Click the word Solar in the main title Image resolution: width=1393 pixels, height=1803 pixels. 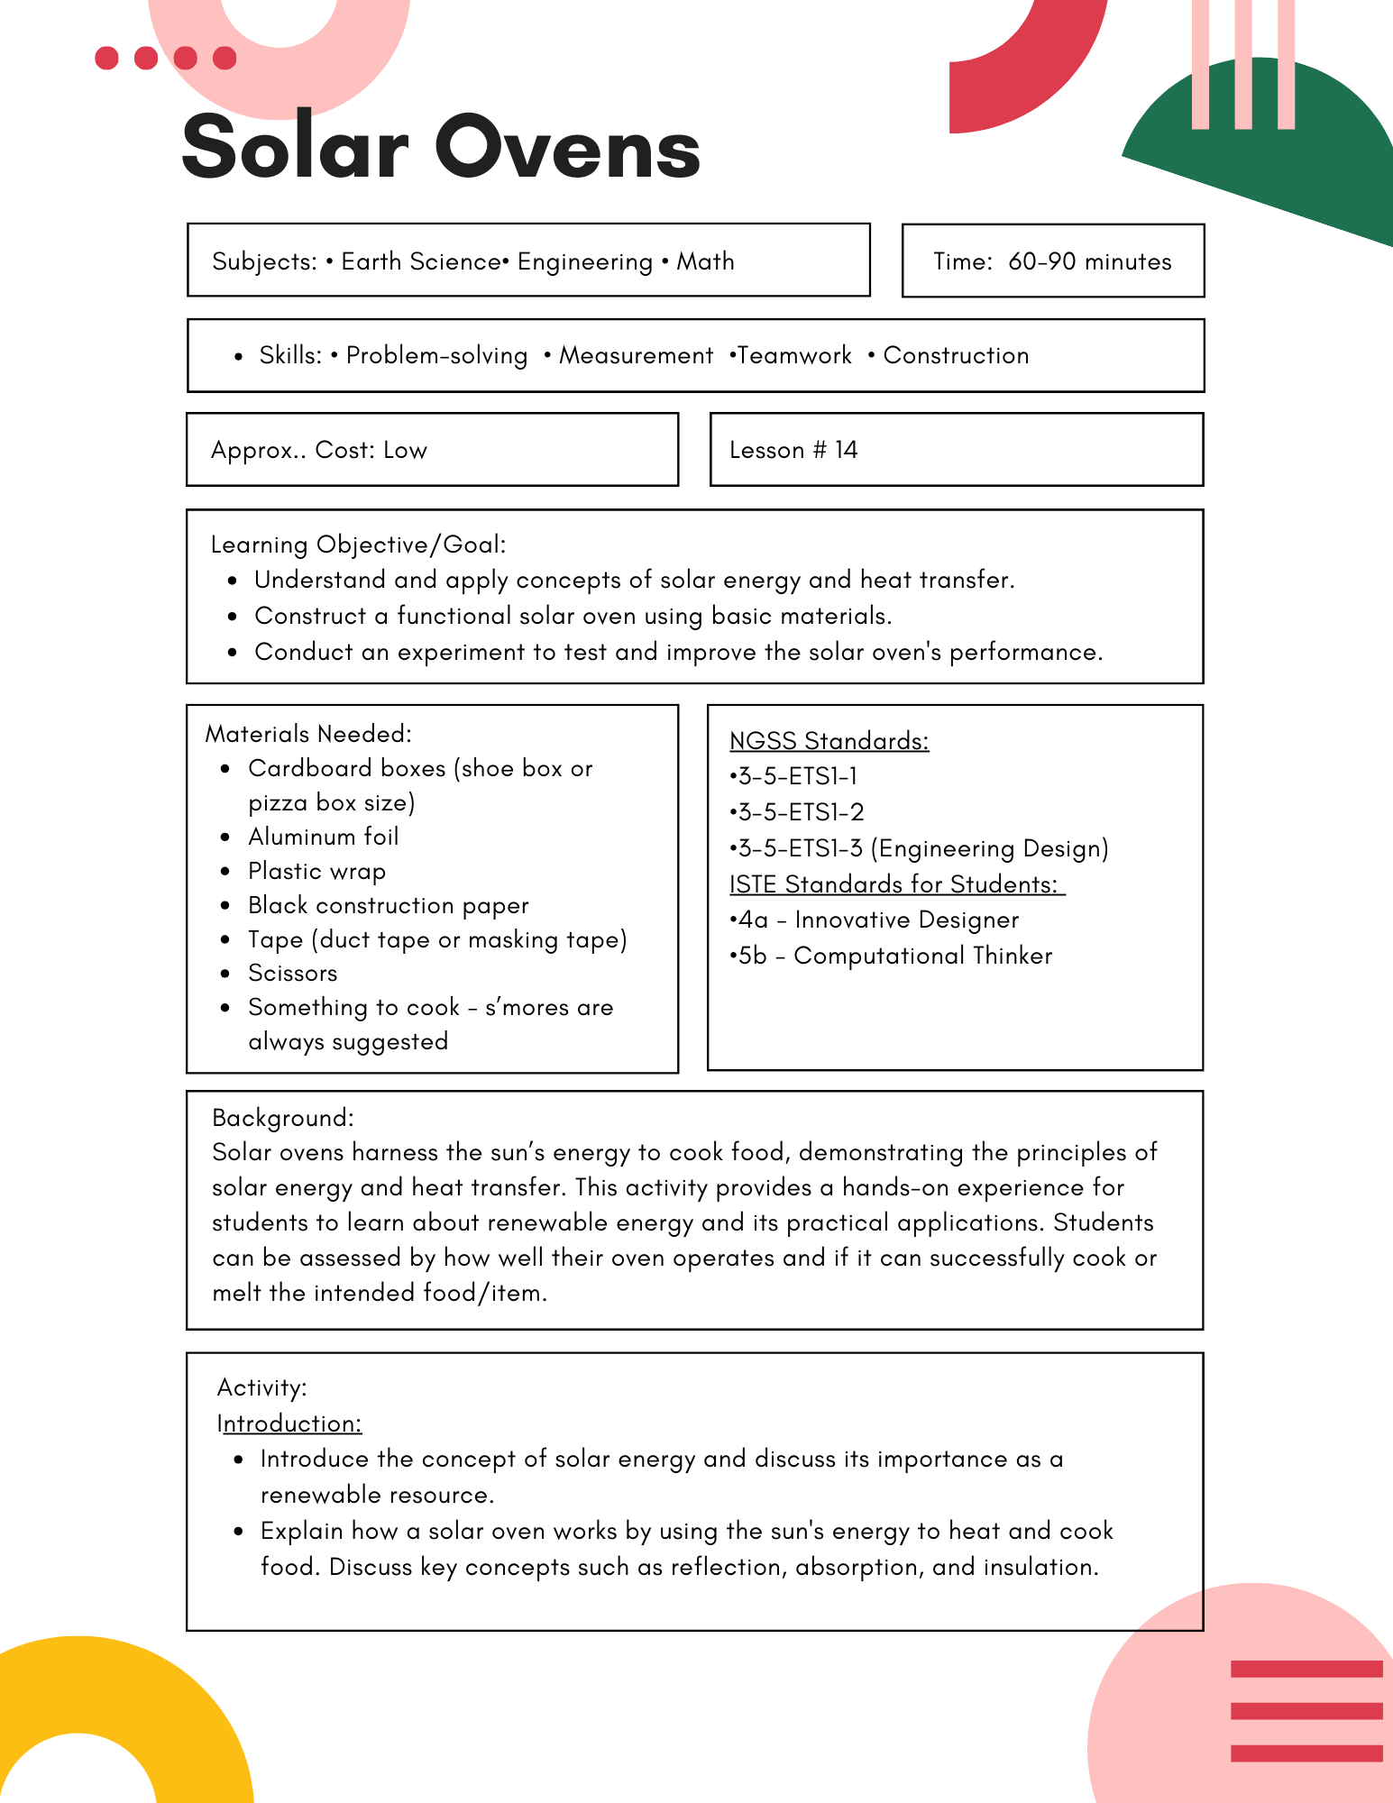(x=295, y=147)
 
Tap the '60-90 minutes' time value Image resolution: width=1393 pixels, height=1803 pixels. (x=1089, y=261)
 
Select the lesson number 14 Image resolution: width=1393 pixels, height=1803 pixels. (x=846, y=450)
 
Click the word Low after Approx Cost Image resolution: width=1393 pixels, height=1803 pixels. (x=405, y=450)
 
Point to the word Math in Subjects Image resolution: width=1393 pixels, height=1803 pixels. (x=705, y=261)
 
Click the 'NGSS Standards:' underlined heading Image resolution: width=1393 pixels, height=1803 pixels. (x=829, y=741)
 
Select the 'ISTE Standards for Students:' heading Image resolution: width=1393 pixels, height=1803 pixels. (x=896, y=884)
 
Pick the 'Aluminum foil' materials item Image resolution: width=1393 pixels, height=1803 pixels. (x=323, y=837)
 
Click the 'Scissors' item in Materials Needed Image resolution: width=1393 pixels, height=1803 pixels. (x=292, y=973)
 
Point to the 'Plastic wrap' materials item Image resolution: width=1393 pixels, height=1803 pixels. (x=316, y=871)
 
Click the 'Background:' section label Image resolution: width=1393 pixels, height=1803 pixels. (x=282, y=1118)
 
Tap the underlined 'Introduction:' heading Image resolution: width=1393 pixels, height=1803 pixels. (x=289, y=1423)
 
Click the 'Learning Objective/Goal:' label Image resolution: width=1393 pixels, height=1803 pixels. (x=358, y=545)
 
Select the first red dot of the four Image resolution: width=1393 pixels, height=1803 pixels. (x=106, y=58)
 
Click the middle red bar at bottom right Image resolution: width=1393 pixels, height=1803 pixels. (x=1306, y=1710)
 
